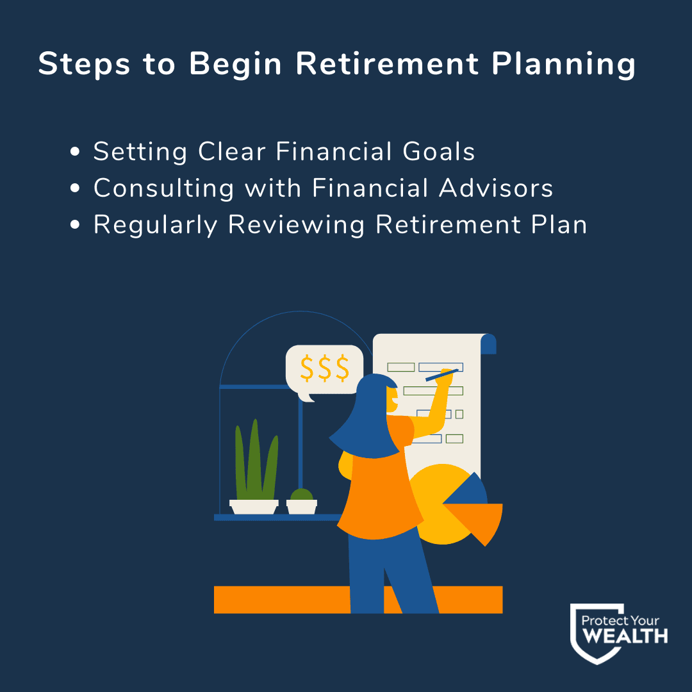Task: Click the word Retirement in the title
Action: (387, 63)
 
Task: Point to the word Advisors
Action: (495, 188)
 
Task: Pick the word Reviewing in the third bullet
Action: (296, 226)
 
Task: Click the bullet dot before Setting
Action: (75, 152)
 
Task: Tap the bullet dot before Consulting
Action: (75, 188)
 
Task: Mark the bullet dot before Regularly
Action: (75, 225)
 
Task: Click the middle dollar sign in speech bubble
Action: (325, 368)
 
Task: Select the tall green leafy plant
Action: (256, 460)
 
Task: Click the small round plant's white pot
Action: (302, 507)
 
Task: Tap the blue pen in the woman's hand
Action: (441, 375)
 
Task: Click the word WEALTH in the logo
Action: (625, 636)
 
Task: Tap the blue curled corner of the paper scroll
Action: (488, 344)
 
